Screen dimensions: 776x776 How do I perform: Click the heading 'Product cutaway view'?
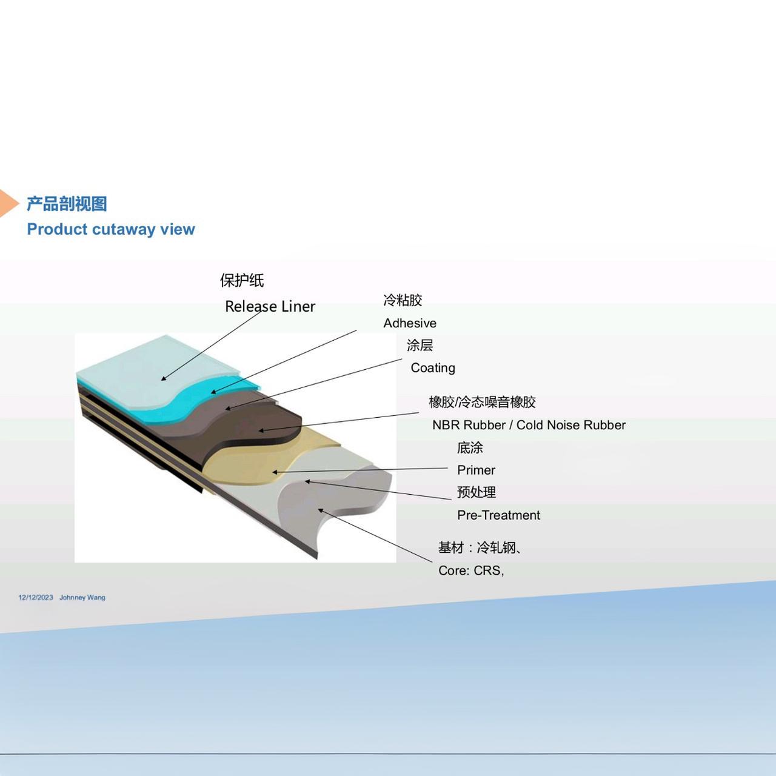coord(111,229)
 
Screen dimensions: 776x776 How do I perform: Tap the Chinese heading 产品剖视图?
coord(67,204)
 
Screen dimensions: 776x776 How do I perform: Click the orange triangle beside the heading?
coord(8,203)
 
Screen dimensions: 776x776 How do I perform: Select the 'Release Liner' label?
coord(270,306)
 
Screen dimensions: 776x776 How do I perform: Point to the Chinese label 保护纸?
coord(242,280)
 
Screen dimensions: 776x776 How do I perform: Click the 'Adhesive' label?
coord(410,323)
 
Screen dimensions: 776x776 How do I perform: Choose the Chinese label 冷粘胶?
coord(403,300)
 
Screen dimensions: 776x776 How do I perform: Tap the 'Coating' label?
coord(433,368)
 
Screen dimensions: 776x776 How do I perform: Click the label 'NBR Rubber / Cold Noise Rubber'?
coord(529,425)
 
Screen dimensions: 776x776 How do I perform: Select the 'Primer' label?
coord(476,470)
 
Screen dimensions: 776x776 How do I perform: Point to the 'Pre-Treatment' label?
coord(498,515)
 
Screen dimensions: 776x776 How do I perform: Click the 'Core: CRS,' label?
coord(471,570)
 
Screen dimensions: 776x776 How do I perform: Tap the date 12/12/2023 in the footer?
coord(36,597)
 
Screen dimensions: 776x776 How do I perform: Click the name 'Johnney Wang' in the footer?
coord(82,597)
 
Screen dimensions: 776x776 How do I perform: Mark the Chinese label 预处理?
coord(477,492)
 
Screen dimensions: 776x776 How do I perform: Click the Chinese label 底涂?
coord(470,447)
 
